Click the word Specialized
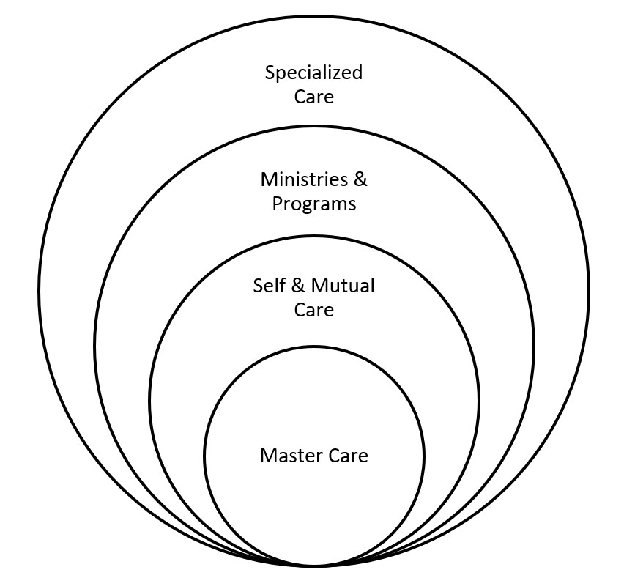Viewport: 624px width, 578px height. tap(313, 74)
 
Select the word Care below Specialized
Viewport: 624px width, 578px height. tap(314, 97)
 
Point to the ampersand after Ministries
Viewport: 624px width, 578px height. tap(360, 179)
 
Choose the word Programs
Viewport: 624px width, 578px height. tap(314, 204)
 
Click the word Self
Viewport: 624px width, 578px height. tap(269, 286)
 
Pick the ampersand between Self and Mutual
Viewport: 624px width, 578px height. tap(297, 286)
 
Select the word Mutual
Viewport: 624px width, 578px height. tap(343, 286)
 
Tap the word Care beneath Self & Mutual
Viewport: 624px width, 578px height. tap(314, 310)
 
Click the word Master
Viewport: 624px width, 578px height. tap(292, 456)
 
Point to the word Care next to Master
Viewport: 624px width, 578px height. tap(349, 456)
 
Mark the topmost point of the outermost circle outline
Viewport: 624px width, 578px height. tap(314, 17)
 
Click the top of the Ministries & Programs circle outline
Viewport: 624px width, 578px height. tap(314, 127)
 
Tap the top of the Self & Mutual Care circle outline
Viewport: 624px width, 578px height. tap(314, 237)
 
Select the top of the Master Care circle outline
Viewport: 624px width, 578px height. tap(314, 347)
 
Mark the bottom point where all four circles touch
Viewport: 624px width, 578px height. tap(314, 566)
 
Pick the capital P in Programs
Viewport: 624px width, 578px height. tap(278, 204)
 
